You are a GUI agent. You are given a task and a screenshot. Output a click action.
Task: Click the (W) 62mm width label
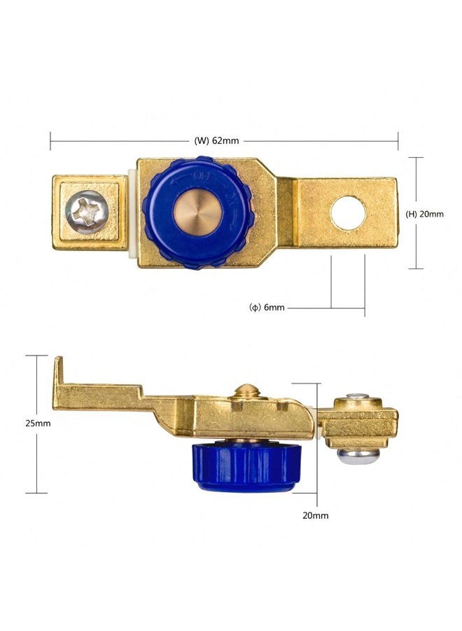click(216, 141)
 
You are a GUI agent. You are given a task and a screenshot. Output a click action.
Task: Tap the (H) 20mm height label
click(425, 214)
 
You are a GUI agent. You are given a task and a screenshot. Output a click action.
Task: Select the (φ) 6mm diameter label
click(267, 308)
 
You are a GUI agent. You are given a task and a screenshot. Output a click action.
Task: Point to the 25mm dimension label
click(38, 423)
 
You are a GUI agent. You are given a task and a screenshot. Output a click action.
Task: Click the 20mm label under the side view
click(316, 515)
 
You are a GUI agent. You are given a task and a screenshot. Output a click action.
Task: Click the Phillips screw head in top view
click(87, 212)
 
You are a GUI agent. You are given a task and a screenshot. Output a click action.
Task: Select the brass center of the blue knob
click(197, 212)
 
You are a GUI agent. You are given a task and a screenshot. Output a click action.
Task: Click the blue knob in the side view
click(246, 467)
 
